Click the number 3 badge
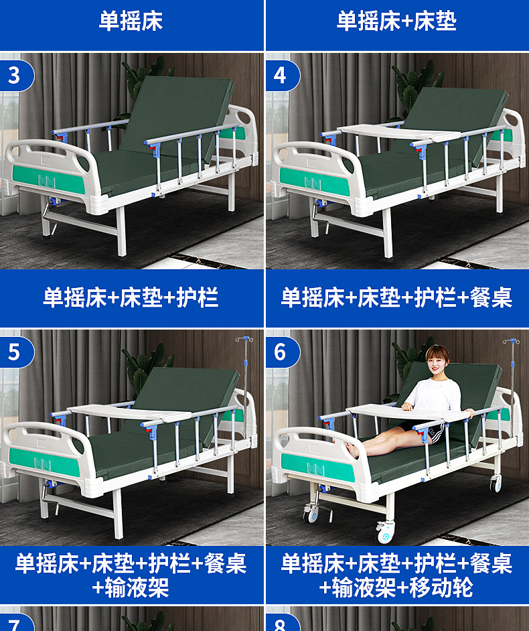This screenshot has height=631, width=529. point(14,75)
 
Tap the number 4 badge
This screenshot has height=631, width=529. point(280,75)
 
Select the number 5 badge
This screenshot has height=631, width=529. point(14,351)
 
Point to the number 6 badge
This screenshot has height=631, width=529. point(280,351)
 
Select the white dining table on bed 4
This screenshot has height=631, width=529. point(400,132)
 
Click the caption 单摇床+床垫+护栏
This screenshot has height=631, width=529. point(131,297)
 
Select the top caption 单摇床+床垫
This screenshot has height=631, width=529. point(396,21)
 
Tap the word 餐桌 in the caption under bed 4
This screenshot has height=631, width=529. point(492,297)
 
